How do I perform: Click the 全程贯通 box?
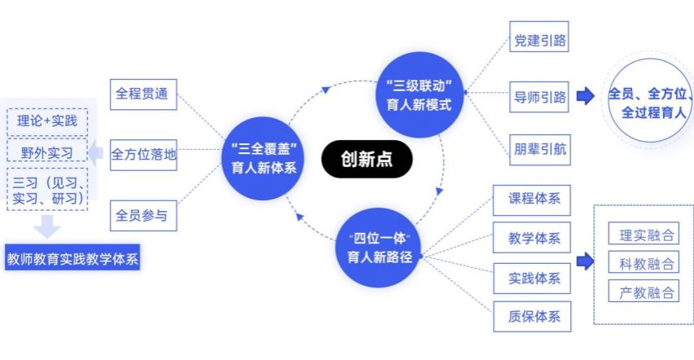tap(143, 92)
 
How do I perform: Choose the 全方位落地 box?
tap(143, 153)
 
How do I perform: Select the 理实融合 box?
tap(643, 236)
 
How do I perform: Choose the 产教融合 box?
tap(643, 291)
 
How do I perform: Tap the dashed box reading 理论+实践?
tap(47, 121)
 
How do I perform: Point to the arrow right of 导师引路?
tap(585, 96)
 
